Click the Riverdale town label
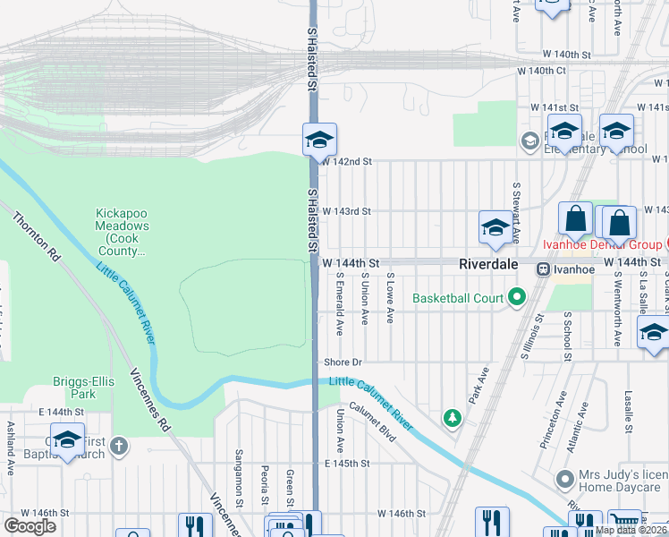click(495, 265)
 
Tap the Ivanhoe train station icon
click(542, 268)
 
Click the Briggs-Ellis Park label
click(85, 388)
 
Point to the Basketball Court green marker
click(516, 296)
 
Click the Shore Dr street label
click(343, 362)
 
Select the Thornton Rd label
click(36, 236)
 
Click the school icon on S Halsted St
click(319, 140)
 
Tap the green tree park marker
click(453, 418)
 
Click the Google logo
click(30, 526)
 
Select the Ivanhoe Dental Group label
click(603, 244)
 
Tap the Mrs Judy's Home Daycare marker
click(564, 479)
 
